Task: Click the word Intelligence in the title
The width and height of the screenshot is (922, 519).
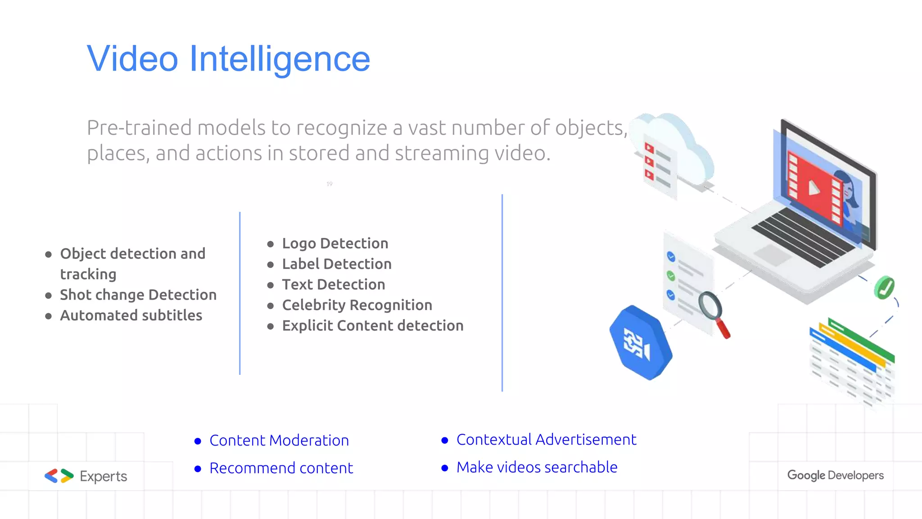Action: click(279, 59)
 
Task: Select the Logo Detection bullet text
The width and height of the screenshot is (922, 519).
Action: click(335, 243)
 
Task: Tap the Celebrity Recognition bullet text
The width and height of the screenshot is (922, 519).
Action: click(357, 305)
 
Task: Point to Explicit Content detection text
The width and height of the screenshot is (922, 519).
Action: click(372, 326)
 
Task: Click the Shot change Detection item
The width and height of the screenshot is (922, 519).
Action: click(138, 295)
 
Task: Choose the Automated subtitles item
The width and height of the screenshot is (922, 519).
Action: click(131, 315)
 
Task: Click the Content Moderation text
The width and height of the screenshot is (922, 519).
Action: click(279, 440)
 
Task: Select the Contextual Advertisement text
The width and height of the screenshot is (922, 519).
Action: click(546, 439)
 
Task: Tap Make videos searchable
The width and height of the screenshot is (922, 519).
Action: click(537, 467)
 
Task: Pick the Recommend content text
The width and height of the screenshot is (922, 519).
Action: click(281, 468)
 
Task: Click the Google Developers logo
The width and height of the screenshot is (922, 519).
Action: click(835, 475)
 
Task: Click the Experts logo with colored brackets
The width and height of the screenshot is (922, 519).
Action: click(86, 476)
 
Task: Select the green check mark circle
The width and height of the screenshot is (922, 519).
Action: click(884, 287)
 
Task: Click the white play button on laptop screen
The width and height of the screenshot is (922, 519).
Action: click(814, 187)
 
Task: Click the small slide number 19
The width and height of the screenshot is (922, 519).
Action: click(330, 184)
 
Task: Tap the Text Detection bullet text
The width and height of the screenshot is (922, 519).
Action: click(333, 285)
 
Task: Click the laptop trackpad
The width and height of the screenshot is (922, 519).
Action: click(773, 254)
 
